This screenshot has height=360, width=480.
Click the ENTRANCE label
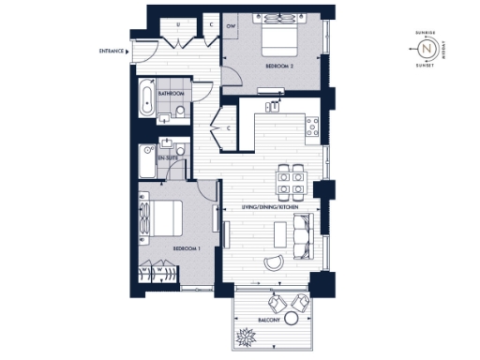(112, 51)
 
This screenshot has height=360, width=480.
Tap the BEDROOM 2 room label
(280, 67)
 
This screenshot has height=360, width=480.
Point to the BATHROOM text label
(171, 95)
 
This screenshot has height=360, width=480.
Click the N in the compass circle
(427, 48)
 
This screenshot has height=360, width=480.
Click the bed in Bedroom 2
(278, 40)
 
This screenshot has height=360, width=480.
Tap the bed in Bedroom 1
(160, 219)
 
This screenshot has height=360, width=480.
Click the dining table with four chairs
(289, 180)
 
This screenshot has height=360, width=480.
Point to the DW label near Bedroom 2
(231, 26)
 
